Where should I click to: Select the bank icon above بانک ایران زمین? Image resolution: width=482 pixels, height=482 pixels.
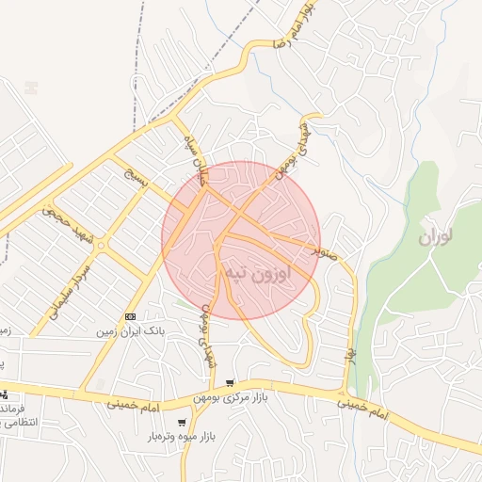pyautogui.click(x=130, y=317)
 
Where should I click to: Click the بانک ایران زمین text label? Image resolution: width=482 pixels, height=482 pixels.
pyautogui.click(x=130, y=332)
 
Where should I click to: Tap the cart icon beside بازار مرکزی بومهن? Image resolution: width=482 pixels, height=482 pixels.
pyautogui.click(x=230, y=384)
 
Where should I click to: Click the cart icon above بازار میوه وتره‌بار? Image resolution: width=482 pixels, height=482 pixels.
pyautogui.click(x=182, y=423)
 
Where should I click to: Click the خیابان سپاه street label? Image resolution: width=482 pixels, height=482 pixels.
pyautogui.click(x=201, y=162)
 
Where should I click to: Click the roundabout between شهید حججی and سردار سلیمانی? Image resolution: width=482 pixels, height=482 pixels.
pyautogui.click(x=101, y=246)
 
